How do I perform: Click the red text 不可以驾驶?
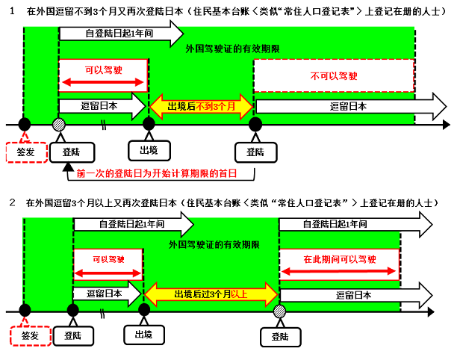[332, 75]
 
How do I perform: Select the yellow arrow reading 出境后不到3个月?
[202, 107]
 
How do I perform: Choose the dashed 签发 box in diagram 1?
[24, 152]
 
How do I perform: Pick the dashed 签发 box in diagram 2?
[30, 335]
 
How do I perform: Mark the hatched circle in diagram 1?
[59, 124]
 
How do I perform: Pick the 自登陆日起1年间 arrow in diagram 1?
[119, 34]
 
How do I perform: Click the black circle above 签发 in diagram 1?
[25, 124]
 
